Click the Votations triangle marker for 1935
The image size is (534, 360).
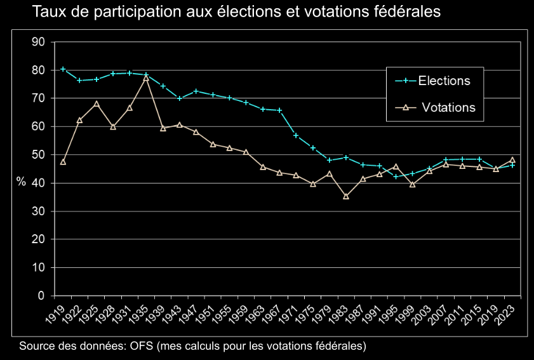(x=146, y=77)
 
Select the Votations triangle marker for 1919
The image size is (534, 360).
(x=63, y=162)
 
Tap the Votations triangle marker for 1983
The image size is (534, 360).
(x=346, y=196)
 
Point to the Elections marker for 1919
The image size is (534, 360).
(x=63, y=69)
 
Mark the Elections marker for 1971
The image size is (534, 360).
(x=296, y=135)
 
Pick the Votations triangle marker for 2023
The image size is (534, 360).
(x=512, y=160)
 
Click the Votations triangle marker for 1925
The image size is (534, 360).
(x=97, y=103)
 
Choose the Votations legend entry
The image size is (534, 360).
(x=448, y=107)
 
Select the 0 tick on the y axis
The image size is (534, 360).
(x=41, y=296)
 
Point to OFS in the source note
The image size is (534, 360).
(x=142, y=346)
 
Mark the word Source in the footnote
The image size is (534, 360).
(x=36, y=346)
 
